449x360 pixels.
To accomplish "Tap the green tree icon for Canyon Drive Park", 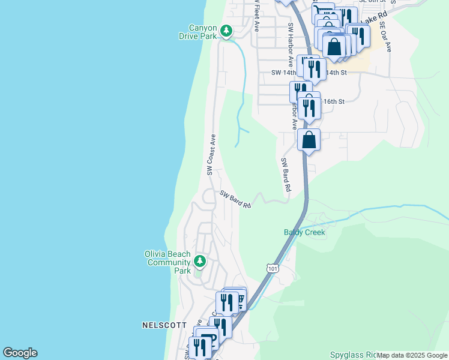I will click(226, 29).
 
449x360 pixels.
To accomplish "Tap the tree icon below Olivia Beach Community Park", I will click(200, 261).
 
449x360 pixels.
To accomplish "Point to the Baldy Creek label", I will click(304, 232).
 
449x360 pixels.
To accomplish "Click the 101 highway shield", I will click(273, 268).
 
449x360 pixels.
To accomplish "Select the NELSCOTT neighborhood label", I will click(161, 325).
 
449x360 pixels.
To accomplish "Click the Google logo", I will click(20, 353).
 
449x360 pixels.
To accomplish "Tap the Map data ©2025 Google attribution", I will click(412, 355).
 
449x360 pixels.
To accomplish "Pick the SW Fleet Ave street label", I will click(256, 15).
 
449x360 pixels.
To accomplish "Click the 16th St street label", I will click(334, 101).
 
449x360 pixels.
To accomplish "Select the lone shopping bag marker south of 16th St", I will click(309, 140).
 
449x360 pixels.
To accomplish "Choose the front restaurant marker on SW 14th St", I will click(315, 69).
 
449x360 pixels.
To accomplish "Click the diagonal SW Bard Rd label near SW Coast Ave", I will click(235, 199).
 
